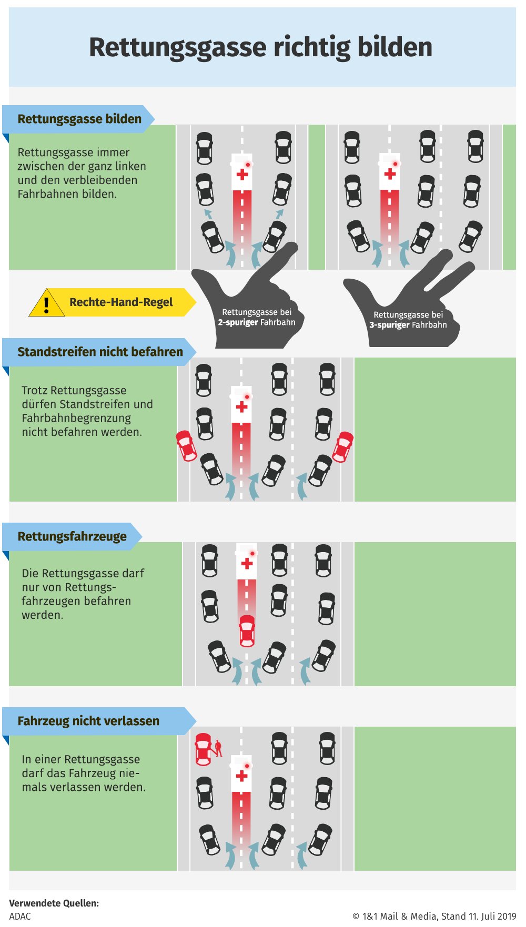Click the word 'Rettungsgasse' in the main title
(x=178, y=48)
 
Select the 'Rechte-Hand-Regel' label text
(x=121, y=302)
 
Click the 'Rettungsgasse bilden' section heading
(x=79, y=119)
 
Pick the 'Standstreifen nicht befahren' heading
(x=100, y=352)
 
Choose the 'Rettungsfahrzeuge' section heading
(x=72, y=536)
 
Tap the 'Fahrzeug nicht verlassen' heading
(x=88, y=721)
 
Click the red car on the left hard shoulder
(x=186, y=446)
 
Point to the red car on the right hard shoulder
(x=343, y=447)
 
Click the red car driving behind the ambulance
(x=247, y=630)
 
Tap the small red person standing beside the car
(x=218, y=748)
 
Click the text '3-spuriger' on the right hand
(x=389, y=325)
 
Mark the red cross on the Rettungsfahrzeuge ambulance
(x=247, y=564)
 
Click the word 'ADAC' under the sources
(x=20, y=916)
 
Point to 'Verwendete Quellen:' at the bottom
(x=54, y=903)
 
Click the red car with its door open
(x=203, y=749)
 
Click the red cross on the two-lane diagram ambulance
(x=242, y=175)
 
